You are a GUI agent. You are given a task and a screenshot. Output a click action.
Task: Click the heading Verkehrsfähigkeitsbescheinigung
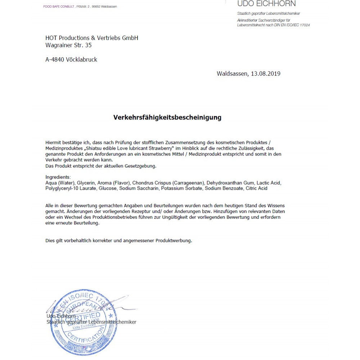tap(167, 117)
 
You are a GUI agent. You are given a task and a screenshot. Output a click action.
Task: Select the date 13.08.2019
tap(266, 74)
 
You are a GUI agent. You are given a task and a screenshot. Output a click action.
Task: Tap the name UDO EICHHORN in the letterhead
tap(266, 4)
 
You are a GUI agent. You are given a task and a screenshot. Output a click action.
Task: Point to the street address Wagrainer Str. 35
tap(68, 45)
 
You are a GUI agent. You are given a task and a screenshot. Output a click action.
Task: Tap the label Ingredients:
tap(58, 177)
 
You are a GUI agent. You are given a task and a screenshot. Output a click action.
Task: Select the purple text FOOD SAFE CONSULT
tap(59, 6)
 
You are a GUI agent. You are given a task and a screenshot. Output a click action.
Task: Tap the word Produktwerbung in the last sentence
tap(174, 240)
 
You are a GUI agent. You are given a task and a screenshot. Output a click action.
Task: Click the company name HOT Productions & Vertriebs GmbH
tap(92, 38)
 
